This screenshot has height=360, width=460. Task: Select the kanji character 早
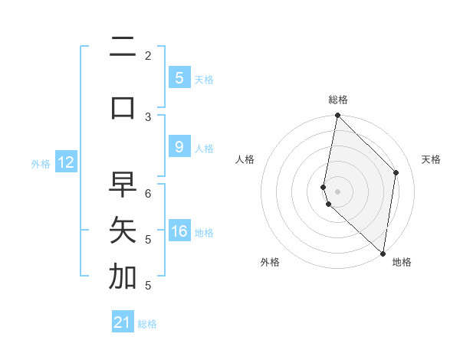tap(123, 185)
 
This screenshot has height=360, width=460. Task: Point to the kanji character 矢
tap(123, 230)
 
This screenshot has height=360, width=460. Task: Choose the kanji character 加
tap(123, 277)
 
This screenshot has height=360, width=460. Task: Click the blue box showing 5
tap(179, 77)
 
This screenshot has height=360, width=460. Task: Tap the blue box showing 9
tap(179, 147)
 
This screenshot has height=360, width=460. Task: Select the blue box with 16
tap(179, 232)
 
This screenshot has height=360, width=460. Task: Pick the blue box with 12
tap(66, 162)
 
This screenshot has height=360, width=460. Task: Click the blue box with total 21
tap(123, 322)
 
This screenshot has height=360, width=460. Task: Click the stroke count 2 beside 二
tap(148, 56)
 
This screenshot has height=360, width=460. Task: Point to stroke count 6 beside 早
tap(148, 194)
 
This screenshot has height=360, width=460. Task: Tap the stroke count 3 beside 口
tap(148, 116)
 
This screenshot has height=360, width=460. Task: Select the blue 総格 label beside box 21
tap(148, 324)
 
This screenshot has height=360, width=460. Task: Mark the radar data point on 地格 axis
tap(383, 253)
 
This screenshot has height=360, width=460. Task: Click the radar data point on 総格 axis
tap(337, 116)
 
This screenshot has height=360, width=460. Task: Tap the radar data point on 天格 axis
tap(396, 172)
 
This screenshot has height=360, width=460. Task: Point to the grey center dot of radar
tap(337, 191)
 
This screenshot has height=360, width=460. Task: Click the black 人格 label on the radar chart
tap(245, 159)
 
